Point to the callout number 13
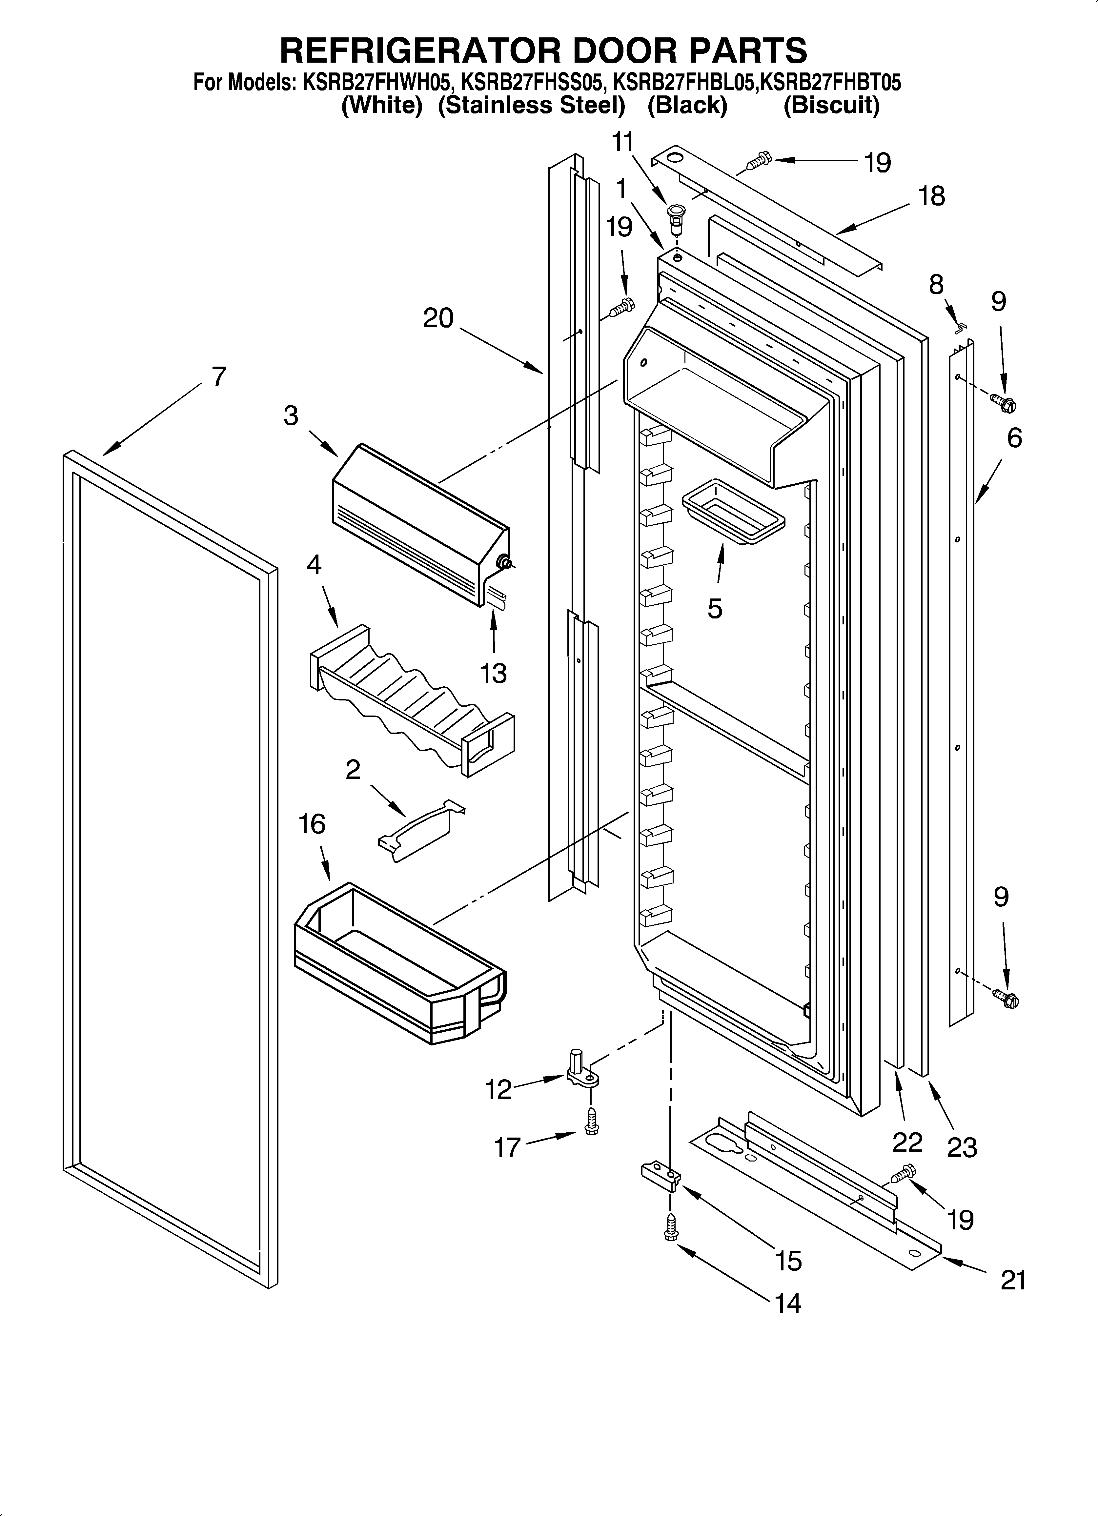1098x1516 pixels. click(494, 673)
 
